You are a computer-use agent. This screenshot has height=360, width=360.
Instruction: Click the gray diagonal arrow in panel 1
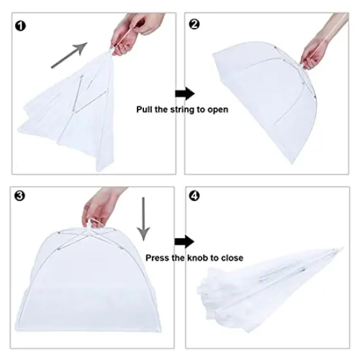click(69, 55)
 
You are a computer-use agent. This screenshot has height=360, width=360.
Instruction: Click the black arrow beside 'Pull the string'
click(186, 92)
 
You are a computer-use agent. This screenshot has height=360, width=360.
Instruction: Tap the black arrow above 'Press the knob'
click(185, 241)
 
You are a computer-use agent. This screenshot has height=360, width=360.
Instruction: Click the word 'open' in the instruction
click(217, 110)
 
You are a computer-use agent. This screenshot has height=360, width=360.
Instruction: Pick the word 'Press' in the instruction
click(158, 258)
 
